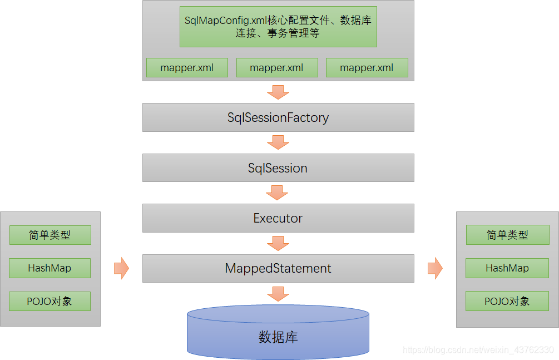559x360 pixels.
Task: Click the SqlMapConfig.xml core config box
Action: [x=278, y=27]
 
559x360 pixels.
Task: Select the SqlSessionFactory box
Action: [x=278, y=117]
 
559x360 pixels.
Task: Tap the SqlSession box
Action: [x=278, y=168]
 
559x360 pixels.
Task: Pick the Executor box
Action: [x=278, y=218]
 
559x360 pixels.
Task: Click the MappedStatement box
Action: [x=278, y=268]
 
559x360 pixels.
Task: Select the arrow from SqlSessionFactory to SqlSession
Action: [x=278, y=142]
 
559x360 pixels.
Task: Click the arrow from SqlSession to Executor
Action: [x=278, y=193]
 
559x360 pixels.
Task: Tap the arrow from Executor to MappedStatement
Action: [x=278, y=243]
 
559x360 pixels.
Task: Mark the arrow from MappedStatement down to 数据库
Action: [x=278, y=293]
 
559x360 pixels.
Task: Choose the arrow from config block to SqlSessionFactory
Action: [x=278, y=92]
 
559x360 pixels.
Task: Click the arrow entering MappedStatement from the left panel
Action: [x=121, y=269]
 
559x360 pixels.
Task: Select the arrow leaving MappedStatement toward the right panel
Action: [x=435, y=269]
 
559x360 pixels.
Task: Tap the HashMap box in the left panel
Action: [x=50, y=268]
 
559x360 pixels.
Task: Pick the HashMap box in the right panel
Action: [x=507, y=268]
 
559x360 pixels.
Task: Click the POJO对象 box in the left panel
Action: [x=50, y=301]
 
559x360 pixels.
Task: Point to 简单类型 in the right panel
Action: [x=507, y=235]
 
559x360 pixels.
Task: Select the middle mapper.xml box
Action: [x=277, y=68]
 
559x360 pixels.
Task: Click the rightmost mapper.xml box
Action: [x=367, y=68]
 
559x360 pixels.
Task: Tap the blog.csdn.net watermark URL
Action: [x=478, y=350]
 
